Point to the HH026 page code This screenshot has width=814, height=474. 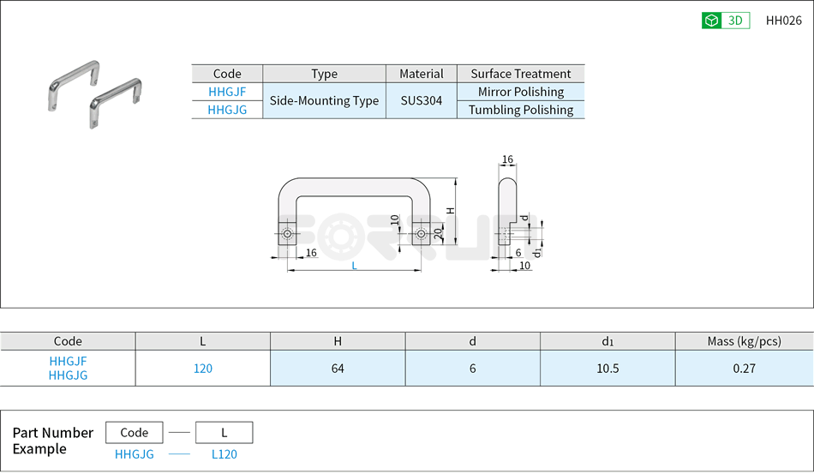click(783, 21)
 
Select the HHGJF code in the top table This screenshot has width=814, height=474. click(227, 92)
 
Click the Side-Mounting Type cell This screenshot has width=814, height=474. click(324, 101)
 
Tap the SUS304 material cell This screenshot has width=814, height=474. click(422, 101)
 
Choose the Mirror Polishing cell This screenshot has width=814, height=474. click(521, 92)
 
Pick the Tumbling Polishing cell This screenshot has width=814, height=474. click(521, 110)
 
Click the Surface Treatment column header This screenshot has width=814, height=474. click(521, 74)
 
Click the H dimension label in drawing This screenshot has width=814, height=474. click(450, 211)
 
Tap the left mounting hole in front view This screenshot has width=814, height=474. click(289, 235)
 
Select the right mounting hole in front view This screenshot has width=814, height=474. click(420, 235)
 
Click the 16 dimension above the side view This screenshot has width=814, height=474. click(507, 160)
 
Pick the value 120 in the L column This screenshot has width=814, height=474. click(202, 369)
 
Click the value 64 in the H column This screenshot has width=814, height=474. click(338, 369)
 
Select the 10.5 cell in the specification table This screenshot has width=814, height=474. click(608, 369)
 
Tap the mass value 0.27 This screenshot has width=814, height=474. click(744, 369)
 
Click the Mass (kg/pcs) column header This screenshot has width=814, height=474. click(744, 341)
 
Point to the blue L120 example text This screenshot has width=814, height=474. click(224, 455)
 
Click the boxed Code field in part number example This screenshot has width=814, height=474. click(135, 433)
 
